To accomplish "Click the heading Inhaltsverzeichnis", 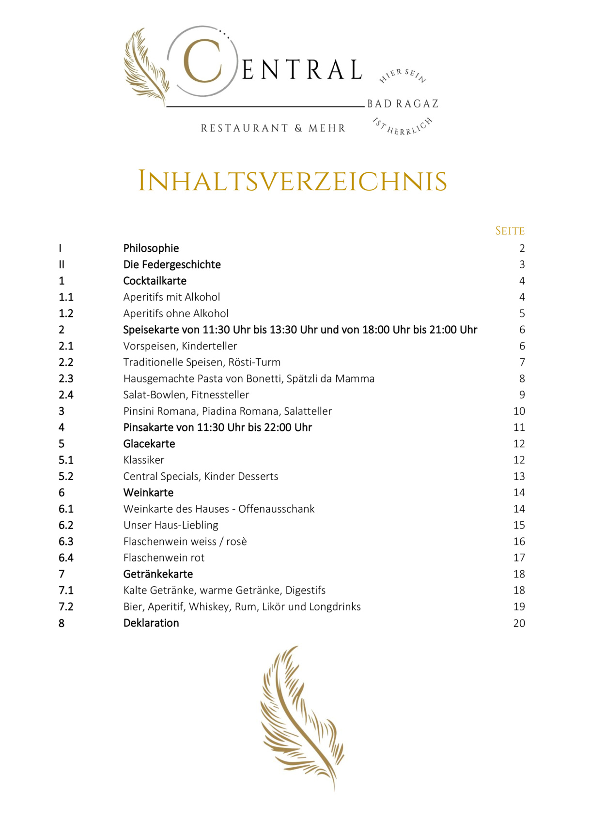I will [292, 182].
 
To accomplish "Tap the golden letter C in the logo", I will [202, 61].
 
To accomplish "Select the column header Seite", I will [510, 231].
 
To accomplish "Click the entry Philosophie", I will [151, 248].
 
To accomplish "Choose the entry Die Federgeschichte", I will [172, 265].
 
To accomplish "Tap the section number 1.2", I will [66, 314].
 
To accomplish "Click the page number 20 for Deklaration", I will [519, 623].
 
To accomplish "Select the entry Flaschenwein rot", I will [164, 558].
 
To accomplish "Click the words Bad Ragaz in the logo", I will [403, 104].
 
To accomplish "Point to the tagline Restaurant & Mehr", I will [273, 128].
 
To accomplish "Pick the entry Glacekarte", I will [149, 444].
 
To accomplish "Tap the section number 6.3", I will [66, 542].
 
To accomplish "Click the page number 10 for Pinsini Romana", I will [519, 411].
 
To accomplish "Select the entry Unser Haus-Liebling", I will [171, 525].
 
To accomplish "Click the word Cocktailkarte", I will [155, 281].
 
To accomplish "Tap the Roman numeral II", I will [62, 265].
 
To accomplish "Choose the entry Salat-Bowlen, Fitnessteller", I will [186, 395].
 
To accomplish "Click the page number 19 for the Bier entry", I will [519, 607].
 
